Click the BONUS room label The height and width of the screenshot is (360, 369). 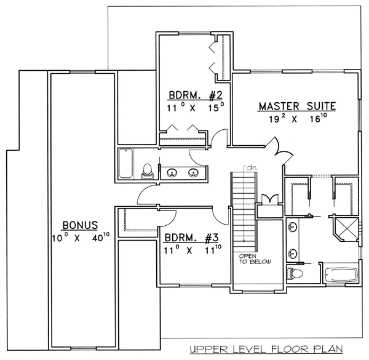click(x=80, y=225)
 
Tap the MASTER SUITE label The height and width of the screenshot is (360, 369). click(x=297, y=106)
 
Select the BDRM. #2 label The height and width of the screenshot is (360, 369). click(x=196, y=95)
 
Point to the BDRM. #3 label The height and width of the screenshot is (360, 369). click(x=191, y=238)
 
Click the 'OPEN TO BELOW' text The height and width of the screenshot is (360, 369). click(x=255, y=258)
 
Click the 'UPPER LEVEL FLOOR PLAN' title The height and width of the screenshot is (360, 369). click(x=266, y=349)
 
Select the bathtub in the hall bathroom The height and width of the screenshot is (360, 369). click(x=125, y=164)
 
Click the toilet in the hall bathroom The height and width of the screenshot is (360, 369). click(x=148, y=172)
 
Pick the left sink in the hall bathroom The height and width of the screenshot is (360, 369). click(x=172, y=173)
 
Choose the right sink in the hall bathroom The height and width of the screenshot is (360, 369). click(x=193, y=173)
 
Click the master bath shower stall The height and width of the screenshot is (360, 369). click(x=346, y=230)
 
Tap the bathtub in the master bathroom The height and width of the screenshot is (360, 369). click(x=341, y=274)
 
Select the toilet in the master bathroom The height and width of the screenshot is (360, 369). click(x=295, y=273)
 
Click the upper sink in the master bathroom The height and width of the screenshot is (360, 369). click(x=293, y=227)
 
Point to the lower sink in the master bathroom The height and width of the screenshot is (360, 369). click(x=293, y=253)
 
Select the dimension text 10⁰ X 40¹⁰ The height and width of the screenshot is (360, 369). click(x=81, y=238)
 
